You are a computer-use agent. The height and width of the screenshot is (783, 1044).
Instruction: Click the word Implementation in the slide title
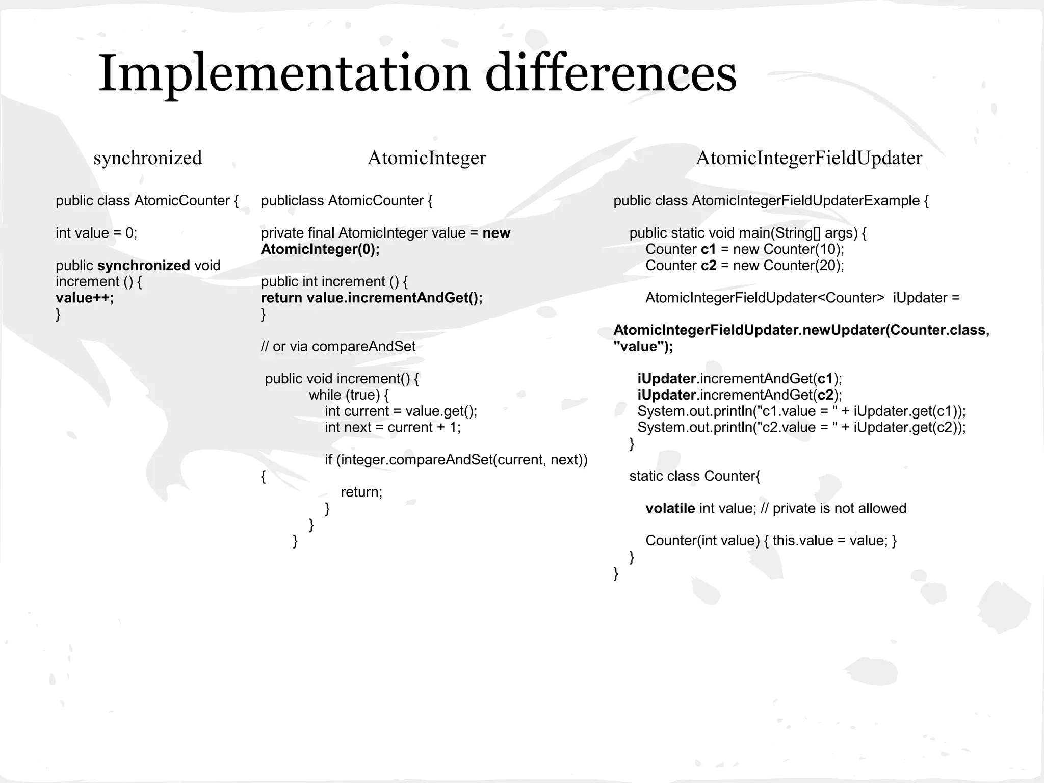(284, 74)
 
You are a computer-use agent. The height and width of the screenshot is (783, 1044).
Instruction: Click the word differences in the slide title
(610, 74)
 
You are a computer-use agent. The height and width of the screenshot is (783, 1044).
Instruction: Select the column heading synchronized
(148, 158)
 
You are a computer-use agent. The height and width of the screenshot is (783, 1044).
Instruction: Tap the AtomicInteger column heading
(427, 158)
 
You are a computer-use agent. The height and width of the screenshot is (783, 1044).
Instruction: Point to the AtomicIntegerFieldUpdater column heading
(809, 158)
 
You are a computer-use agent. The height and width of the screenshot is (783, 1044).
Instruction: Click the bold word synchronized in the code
(143, 266)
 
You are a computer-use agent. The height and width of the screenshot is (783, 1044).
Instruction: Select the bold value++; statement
(85, 298)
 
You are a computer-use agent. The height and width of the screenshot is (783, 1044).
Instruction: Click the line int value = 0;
(96, 233)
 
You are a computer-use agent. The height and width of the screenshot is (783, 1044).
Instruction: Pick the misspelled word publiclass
(292, 201)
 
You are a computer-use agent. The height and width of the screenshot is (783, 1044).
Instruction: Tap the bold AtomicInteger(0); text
(320, 249)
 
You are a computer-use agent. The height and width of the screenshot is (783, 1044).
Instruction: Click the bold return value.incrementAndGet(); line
(372, 298)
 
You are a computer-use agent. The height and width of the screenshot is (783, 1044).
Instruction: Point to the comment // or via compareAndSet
(338, 347)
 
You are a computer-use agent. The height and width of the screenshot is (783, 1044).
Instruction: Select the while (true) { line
(349, 395)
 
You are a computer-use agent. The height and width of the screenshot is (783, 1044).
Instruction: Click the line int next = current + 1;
(393, 427)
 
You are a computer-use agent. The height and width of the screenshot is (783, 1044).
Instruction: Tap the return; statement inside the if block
(361, 492)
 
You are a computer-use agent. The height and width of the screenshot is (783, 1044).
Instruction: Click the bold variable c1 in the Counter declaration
(709, 249)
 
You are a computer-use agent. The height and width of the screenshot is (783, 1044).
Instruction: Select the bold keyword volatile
(670, 508)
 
